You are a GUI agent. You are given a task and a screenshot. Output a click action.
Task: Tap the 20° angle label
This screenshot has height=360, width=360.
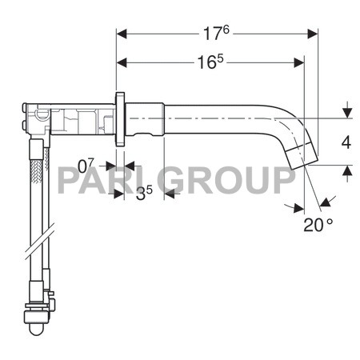tap(318, 225)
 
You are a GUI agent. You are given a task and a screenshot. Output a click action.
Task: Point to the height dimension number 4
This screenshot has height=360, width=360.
tap(346, 142)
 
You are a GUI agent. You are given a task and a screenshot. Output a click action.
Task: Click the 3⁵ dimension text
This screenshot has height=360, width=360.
tap(143, 193)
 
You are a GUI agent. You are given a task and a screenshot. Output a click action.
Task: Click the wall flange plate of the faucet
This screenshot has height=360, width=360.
tap(120, 119)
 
